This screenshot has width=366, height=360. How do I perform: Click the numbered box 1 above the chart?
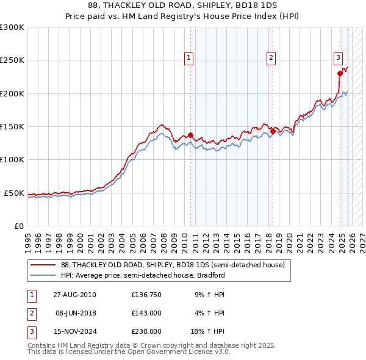190,58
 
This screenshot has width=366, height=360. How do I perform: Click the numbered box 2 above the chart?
271,58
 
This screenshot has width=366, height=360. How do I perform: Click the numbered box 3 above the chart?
338,58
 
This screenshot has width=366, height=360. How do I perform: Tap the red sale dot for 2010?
190,135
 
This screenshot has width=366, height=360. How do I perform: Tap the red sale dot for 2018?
272,131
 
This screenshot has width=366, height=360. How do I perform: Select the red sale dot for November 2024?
340,73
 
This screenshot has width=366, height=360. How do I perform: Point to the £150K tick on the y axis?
12,126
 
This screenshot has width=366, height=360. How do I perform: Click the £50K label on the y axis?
14,193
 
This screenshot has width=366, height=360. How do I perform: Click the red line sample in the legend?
42,265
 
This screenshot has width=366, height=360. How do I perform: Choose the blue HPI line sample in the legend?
42,275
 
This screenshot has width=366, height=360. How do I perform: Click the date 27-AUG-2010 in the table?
74,295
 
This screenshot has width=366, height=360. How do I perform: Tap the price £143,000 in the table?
146,313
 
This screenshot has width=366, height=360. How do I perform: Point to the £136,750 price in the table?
146,295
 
